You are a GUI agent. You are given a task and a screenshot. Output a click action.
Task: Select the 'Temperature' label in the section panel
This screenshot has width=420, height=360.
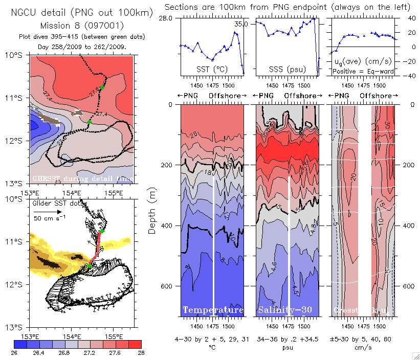click(x=213, y=310)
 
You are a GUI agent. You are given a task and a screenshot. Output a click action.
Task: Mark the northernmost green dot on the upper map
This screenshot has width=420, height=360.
click(x=102, y=87)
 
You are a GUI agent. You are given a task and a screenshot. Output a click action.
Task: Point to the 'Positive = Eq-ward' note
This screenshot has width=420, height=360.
click(x=363, y=72)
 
